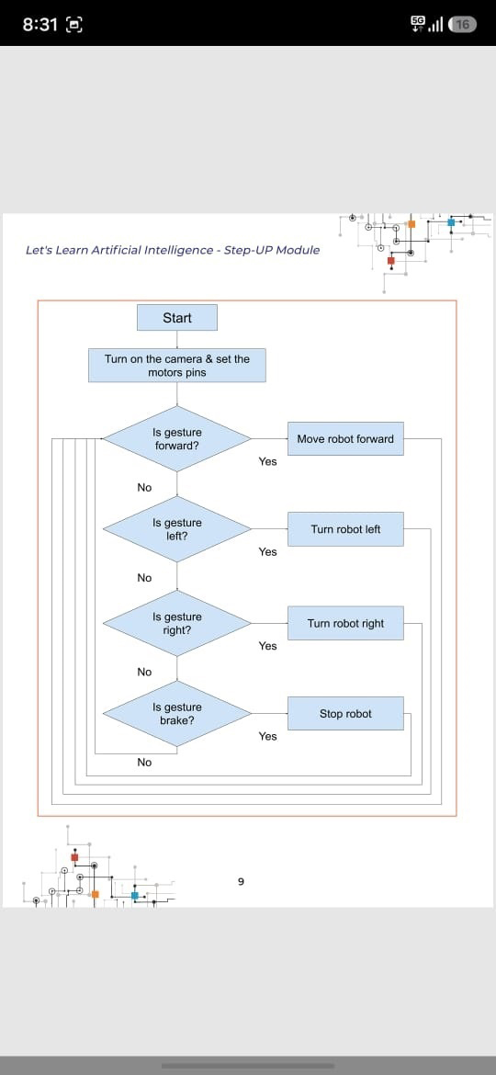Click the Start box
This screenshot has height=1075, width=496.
pyautogui.click(x=177, y=317)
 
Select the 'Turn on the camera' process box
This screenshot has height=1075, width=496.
pyautogui.click(x=176, y=366)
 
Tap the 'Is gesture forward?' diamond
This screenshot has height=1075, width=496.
pyautogui.click(x=176, y=439)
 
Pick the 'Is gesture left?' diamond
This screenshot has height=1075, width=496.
pyautogui.click(x=176, y=529)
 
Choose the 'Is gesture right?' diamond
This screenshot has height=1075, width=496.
pyautogui.click(x=176, y=623)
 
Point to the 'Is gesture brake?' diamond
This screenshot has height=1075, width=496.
pyautogui.click(x=176, y=714)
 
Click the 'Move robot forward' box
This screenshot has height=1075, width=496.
pyautogui.click(x=345, y=439)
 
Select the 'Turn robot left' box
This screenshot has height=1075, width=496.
pyautogui.click(x=345, y=529)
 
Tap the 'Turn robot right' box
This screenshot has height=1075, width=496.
pyautogui.click(x=345, y=623)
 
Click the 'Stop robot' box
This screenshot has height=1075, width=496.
pyautogui.click(x=345, y=714)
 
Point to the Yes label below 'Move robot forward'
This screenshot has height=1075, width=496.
pyautogui.click(x=268, y=461)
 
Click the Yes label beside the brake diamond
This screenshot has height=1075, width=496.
pyautogui.click(x=268, y=736)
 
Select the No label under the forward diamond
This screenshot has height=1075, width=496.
pyautogui.click(x=144, y=488)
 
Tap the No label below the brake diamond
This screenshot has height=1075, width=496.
pyautogui.click(x=144, y=763)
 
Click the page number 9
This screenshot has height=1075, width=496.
pyautogui.click(x=241, y=882)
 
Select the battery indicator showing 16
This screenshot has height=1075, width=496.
pyautogui.click(x=462, y=25)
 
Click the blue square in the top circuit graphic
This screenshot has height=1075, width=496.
pyautogui.click(x=451, y=222)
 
